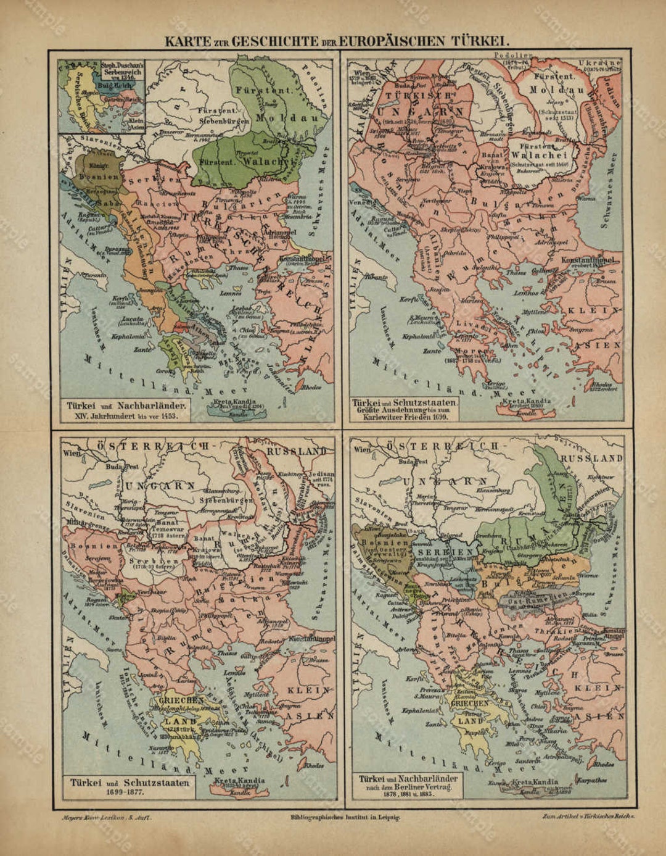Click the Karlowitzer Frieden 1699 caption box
point(405,410)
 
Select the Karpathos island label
point(593,779)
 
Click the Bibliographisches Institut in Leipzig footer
point(345,817)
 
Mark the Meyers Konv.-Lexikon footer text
point(105,817)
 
